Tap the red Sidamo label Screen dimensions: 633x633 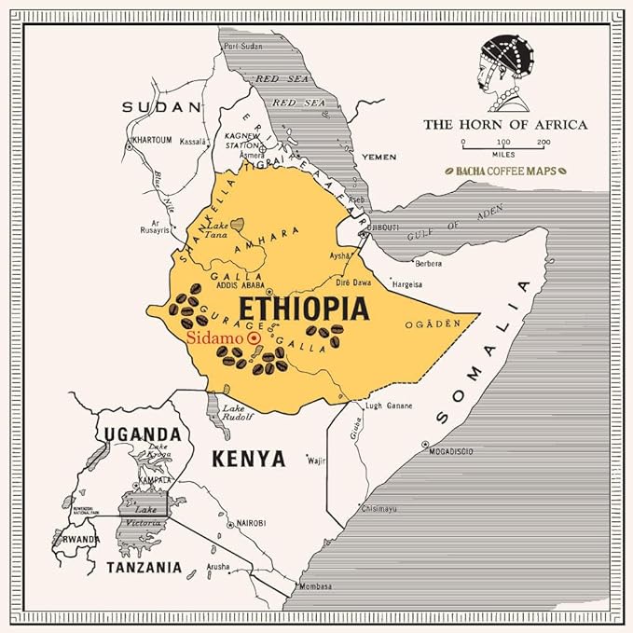pyautogui.click(x=211, y=338)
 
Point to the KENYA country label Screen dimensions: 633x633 pyautogui.click(x=247, y=458)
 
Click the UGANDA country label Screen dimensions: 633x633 pyautogui.click(x=142, y=433)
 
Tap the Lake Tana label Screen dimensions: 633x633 pyautogui.click(x=217, y=229)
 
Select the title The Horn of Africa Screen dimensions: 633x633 pyautogui.click(x=505, y=124)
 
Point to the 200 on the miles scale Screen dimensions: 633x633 pyautogui.click(x=544, y=142)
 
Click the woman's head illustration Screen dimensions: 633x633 pyautogui.click(x=505, y=67)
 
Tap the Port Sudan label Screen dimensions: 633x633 pyautogui.click(x=241, y=46)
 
